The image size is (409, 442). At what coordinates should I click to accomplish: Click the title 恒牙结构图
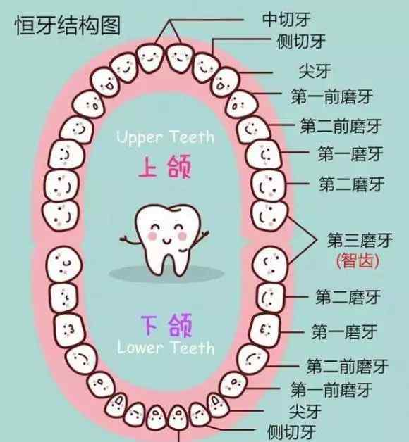(x=68, y=25)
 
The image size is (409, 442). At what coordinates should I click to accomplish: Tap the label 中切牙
(x=286, y=20)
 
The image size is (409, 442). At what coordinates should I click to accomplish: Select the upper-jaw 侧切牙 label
(x=301, y=42)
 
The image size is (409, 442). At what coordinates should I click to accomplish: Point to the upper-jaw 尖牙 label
(x=315, y=71)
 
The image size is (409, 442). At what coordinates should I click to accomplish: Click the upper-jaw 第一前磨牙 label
(x=332, y=96)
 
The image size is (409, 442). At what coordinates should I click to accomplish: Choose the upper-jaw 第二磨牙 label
(x=352, y=184)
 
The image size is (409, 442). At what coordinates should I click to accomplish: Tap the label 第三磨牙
(x=360, y=240)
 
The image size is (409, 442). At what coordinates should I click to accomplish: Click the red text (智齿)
(x=358, y=260)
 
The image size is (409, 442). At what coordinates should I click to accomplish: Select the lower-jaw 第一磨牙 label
(x=344, y=331)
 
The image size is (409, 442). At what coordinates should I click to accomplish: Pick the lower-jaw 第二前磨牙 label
(x=348, y=366)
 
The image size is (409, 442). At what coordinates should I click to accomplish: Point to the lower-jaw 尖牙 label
(x=305, y=412)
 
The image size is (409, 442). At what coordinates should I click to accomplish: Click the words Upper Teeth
(x=165, y=138)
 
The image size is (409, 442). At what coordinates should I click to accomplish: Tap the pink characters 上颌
(x=165, y=166)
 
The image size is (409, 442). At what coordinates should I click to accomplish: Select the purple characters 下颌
(x=166, y=326)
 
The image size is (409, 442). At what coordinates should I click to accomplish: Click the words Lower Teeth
(x=166, y=348)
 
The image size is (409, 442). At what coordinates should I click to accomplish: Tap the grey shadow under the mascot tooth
(x=166, y=273)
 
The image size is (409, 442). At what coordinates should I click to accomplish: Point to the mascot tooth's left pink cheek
(x=152, y=236)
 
